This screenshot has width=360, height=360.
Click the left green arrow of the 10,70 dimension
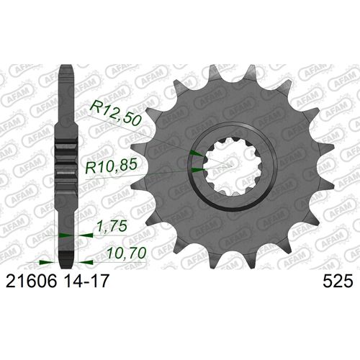point(45,261)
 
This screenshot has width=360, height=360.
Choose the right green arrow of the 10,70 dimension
point(81,261)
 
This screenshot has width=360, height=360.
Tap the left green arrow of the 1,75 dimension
point(65,235)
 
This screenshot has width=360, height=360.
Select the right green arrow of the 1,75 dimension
point(84,235)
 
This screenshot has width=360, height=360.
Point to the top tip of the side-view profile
point(66,69)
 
